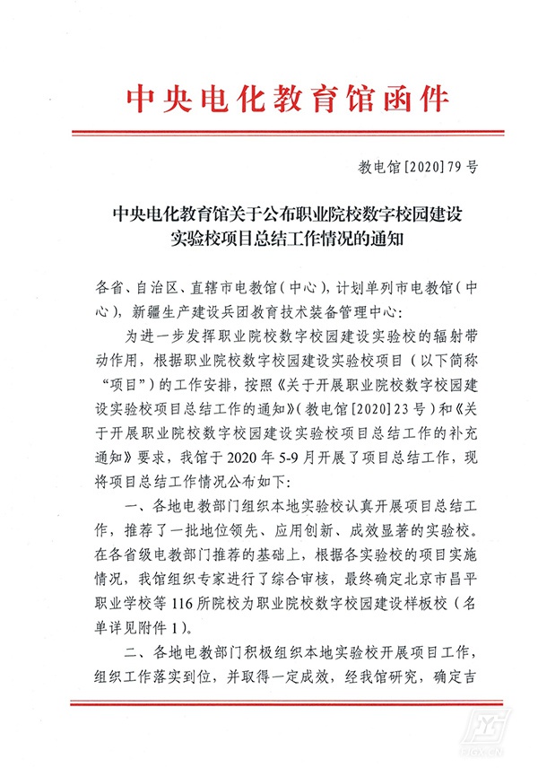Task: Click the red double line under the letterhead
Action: tap(268, 134)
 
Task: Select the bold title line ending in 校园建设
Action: tap(269, 215)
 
